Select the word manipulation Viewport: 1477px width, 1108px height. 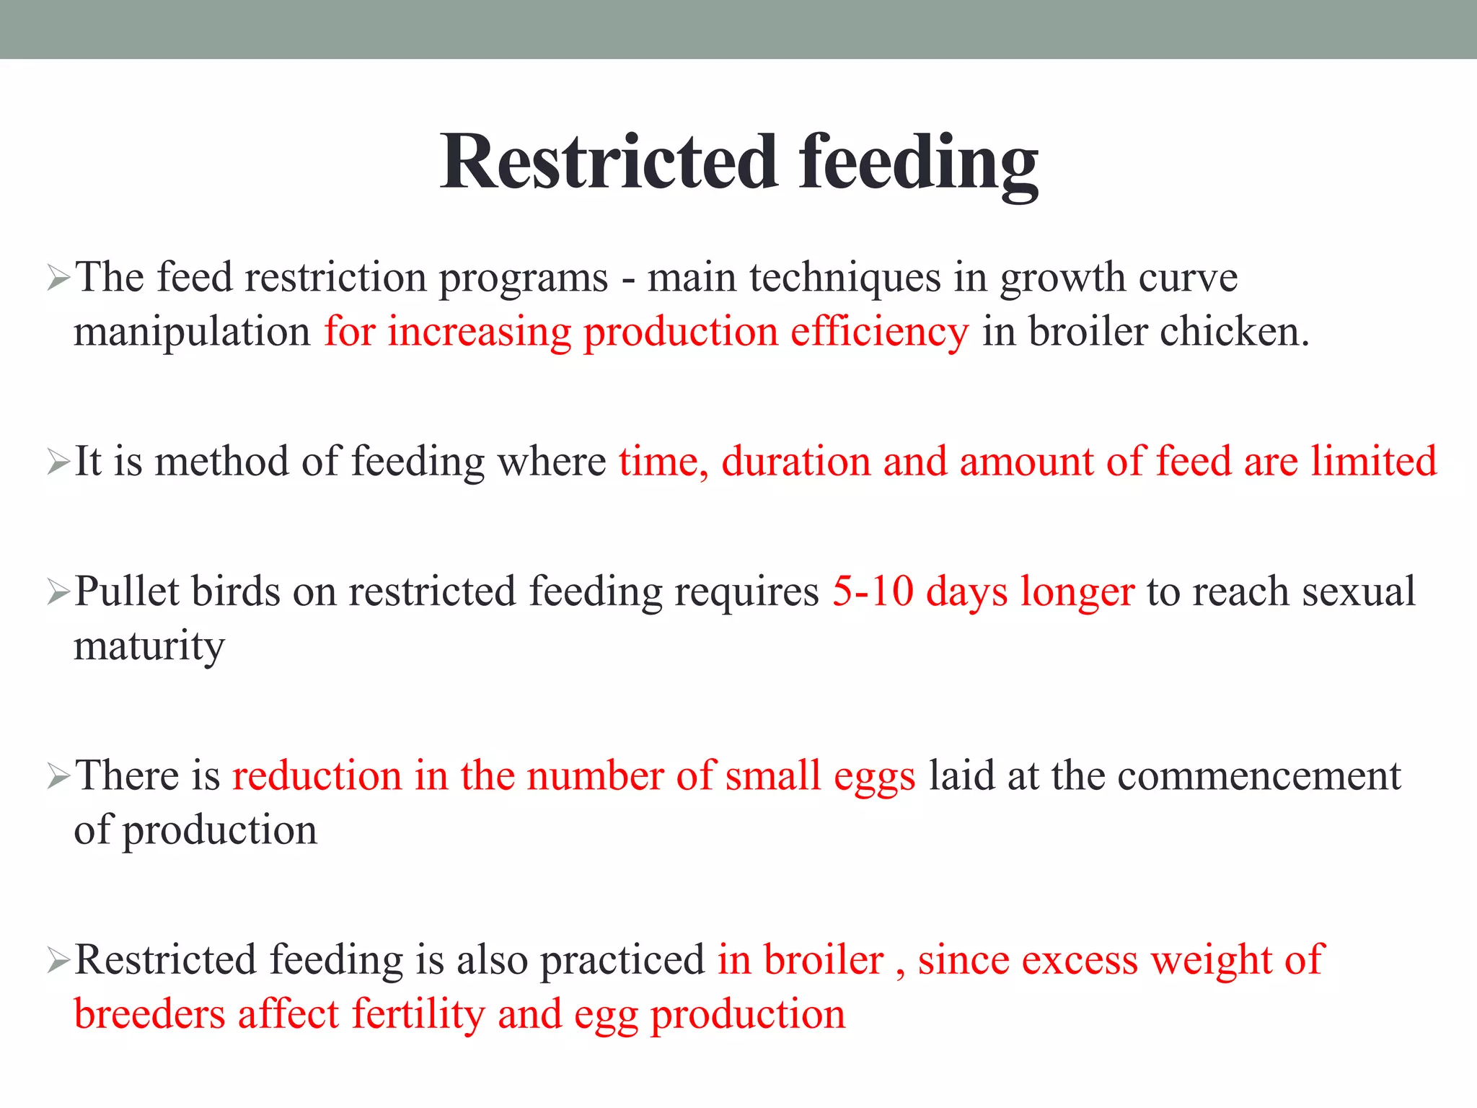192,333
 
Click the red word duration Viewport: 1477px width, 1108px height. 796,462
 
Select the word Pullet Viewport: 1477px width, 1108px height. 127,592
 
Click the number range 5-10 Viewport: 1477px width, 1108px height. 873,592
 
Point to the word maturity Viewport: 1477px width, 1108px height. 149,646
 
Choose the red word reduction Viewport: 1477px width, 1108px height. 317,776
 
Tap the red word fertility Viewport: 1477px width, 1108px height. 418,1015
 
